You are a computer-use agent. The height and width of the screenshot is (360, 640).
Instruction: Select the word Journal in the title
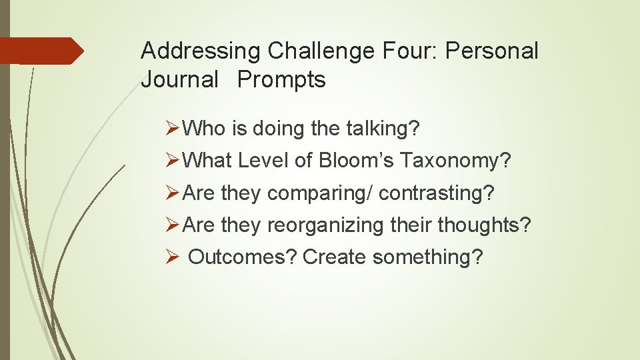(179, 80)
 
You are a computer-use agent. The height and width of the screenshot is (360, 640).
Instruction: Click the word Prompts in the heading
(281, 80)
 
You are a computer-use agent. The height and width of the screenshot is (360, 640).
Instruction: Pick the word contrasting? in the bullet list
(437, 193)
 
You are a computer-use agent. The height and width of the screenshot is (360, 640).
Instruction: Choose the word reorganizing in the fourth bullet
(325, 225)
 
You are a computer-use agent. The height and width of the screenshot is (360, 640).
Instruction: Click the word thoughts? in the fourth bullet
(485, 225)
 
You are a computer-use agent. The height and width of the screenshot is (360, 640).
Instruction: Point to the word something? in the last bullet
(427, 257)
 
